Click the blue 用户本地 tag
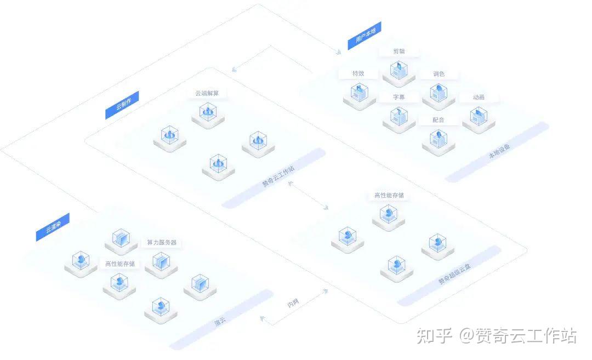[x=365, y=36]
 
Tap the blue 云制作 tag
[x=122, y=105]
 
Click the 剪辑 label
[x=399, y=52]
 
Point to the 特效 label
[x=358, y=73]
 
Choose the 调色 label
[x=439, y=74]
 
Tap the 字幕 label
[x=399, y=97]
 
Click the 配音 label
[x=439, y=119]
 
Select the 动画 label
[x=479, y=97]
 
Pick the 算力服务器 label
[x=162, y=242]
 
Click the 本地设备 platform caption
[x=499, y=152]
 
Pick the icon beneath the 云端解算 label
[x=208, y=114]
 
